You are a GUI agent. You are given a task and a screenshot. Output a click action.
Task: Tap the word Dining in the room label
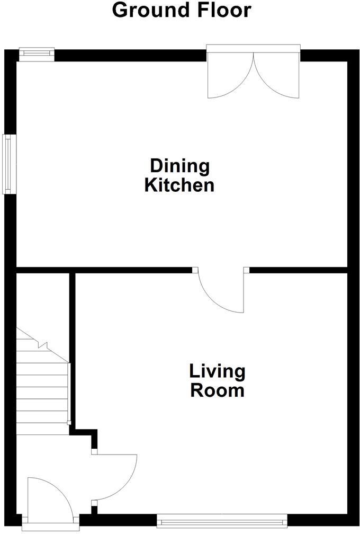pos(179,166)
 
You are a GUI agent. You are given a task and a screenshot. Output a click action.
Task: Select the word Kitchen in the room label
pos(179,185)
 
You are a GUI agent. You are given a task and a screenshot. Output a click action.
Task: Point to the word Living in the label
pos(217,371)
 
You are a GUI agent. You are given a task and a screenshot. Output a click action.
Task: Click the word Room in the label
pos(217,391)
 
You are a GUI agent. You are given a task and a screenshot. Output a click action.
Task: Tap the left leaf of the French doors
pos(230,77)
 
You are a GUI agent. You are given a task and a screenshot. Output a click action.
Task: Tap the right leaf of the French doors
pos(276,77)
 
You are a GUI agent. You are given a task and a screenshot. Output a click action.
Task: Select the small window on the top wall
pos(37,52)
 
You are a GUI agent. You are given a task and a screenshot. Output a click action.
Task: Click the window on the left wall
pos(8,164)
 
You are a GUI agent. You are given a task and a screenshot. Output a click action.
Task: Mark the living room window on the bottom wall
pos(222,521)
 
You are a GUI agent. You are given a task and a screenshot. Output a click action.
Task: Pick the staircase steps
pos(42,392)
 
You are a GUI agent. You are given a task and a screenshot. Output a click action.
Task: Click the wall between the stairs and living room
pos(72,350)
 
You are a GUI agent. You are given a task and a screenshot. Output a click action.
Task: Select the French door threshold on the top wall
pos(253,49)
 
